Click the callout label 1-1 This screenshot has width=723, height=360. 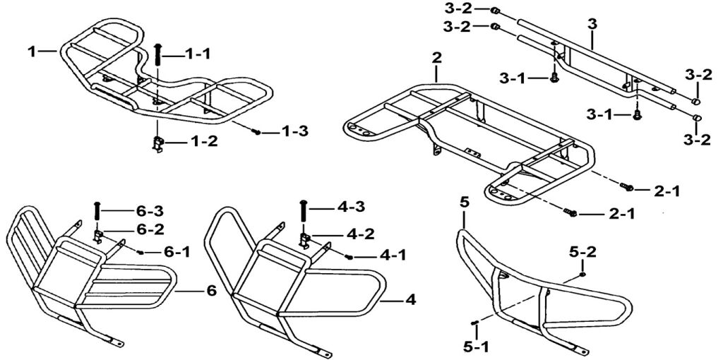click(197, 54)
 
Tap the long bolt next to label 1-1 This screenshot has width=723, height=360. click(158, 56)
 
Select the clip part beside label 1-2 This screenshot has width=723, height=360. click(157, 144)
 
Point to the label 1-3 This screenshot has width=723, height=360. click(295, 131)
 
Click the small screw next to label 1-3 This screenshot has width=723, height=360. click(257, 132)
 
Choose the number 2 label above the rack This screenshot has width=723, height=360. click(436, 58)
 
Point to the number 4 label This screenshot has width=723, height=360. click(410, 300)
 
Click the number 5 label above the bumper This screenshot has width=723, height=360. click(465, 202)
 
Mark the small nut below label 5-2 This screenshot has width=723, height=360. click(582, 275)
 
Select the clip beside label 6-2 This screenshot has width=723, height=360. click(97, 236)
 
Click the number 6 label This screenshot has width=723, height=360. click(211, 292)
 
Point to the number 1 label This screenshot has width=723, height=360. click(31, 52)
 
